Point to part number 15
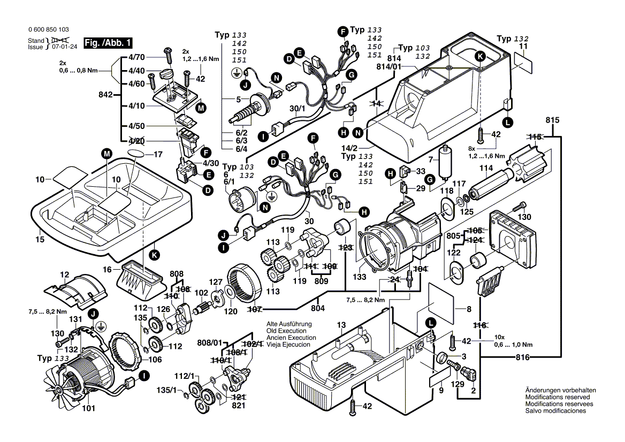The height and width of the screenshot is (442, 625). tap(40, 240)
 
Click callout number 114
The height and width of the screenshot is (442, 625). tap(486, 168)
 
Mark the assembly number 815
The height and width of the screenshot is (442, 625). tap(553, 119)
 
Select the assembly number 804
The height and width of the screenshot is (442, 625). tap(319, 308)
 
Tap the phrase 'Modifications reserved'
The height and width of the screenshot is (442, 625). tap(557, 398)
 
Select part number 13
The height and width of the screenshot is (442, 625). tap(342, 325)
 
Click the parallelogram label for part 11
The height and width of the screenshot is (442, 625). tap(522, 65)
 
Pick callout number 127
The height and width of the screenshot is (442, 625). tap(215, 283)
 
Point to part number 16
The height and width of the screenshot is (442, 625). tap(107, 270)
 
